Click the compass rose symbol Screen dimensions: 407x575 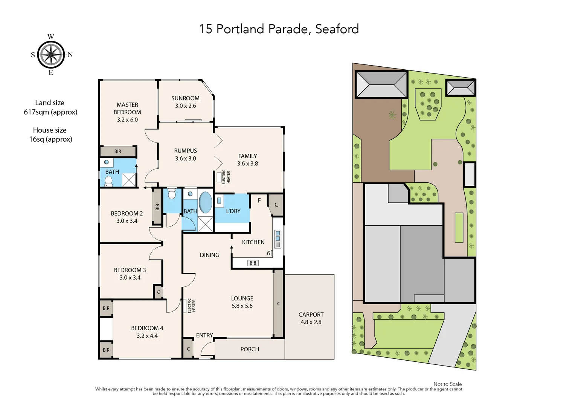coord(51,55)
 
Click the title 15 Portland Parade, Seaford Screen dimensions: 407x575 coord(279,29)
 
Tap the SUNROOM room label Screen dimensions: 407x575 coord(185,98)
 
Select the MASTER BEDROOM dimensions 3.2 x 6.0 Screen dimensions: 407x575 coord(127,120)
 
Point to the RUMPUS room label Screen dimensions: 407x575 coord(185,151)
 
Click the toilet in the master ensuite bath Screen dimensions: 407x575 coord(108,181)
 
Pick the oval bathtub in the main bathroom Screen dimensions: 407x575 coord(205,202)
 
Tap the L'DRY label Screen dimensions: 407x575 coord(233,211)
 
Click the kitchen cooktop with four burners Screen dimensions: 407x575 coord(253,263)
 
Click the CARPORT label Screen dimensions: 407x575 coord(311,315)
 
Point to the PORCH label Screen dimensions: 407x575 coord(250,349)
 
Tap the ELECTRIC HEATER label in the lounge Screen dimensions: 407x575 coord(191,306)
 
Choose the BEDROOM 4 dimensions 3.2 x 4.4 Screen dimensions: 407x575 coord(147,336)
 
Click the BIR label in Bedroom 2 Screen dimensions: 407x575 coord(157,207)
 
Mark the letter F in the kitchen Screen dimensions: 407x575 coord(259,200)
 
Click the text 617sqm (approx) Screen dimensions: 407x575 coord(50,112)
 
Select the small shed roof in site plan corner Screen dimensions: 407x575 coord(461,88)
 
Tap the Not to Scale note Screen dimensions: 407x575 coord(447,384)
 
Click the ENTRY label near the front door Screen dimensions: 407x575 coord(204,335)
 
